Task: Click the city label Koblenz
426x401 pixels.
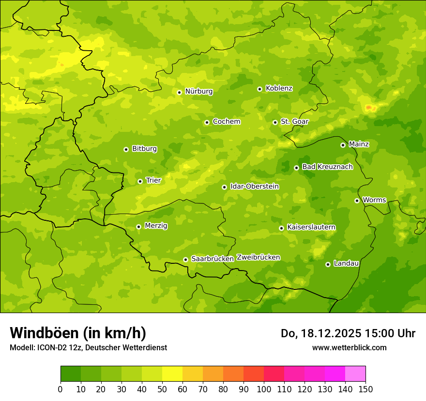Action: (x=279, y=88)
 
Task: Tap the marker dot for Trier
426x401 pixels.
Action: (x=140, y=181)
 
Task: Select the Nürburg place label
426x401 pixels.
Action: (x=198, y=91)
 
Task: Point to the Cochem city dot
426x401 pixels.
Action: (x=207, y=122)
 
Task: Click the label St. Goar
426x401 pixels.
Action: (x=294, y=121)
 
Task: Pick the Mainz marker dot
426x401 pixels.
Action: (x=343, y=145)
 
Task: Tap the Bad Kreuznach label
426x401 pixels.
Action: (x=327, y=167)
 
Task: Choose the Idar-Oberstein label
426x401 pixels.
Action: (x=254, y=186)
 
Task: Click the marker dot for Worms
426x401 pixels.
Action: (x=357, y=200)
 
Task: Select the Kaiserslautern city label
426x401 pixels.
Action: (x=311, y=227)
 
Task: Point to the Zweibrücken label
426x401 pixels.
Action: (x=258, y=258)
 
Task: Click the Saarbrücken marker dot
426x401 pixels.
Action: (x=185, y=259)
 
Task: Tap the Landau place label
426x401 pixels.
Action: (x=346, y=263)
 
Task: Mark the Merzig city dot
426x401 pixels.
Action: (x=138, y=227)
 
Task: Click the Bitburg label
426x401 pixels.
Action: (x=144, y=149)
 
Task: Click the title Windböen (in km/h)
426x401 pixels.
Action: (x=78, y=333)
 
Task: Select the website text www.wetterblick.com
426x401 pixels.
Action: (x=349, y=347)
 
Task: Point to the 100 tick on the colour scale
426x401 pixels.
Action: (x=264, y=389)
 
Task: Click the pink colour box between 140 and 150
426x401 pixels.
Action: (x=355, y=374)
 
